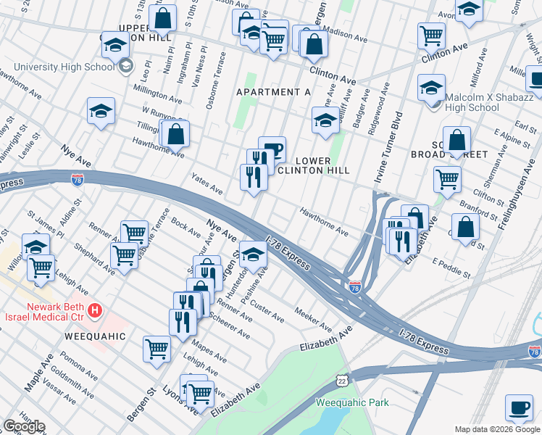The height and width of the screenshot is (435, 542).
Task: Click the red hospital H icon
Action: [94, 311]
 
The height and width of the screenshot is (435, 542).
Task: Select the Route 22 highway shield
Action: [342, 381]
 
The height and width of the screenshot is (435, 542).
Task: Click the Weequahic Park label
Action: [352, 402]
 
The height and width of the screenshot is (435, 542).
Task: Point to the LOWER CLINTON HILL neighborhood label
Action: [314, 165]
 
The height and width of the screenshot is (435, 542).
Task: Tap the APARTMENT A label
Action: [273, 92]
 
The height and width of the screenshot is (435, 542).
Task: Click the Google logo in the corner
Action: [24, 426]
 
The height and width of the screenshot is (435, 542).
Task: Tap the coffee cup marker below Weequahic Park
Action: [518, 407]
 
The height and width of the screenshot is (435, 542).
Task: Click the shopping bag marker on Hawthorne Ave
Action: [176, 134]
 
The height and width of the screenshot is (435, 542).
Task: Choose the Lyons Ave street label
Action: [181, 399]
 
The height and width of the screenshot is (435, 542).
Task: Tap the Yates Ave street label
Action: [207, 184]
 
